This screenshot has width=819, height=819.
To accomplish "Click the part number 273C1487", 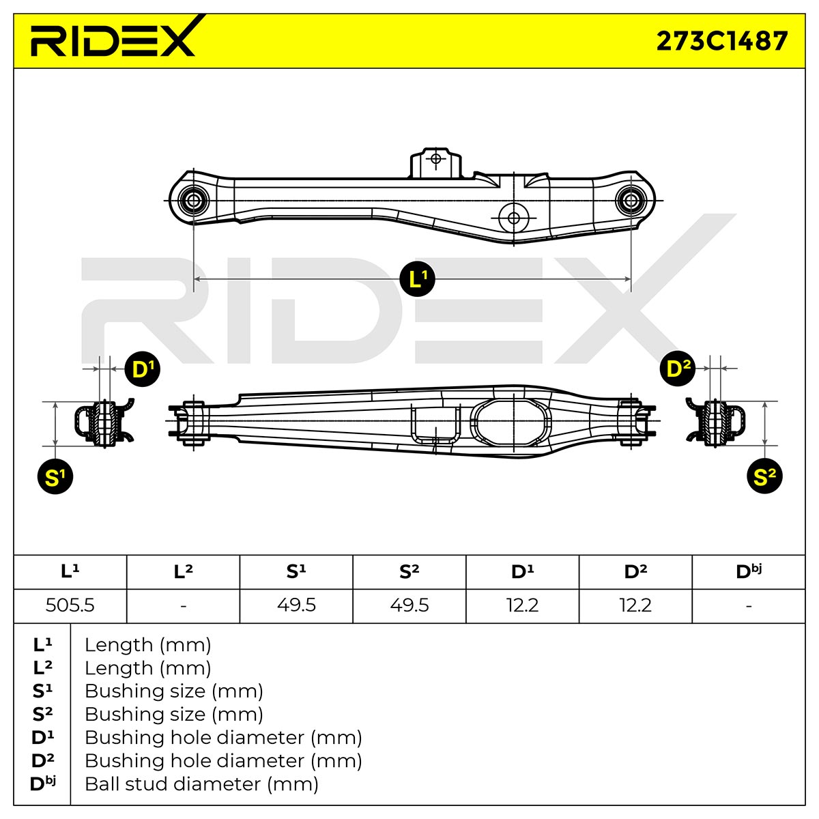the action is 721,41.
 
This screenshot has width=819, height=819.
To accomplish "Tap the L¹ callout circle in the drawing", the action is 417,279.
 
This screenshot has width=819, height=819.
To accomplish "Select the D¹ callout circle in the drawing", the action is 143,369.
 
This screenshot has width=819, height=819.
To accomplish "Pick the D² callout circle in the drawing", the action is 678,369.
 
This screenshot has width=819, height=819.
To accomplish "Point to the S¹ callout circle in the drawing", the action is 55,476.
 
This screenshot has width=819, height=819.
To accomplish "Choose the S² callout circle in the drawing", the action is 764,476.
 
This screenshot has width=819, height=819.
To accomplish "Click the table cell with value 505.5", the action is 70,605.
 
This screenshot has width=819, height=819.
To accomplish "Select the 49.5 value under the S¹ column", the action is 296,605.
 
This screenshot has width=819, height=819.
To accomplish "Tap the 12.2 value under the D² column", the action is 635,605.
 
